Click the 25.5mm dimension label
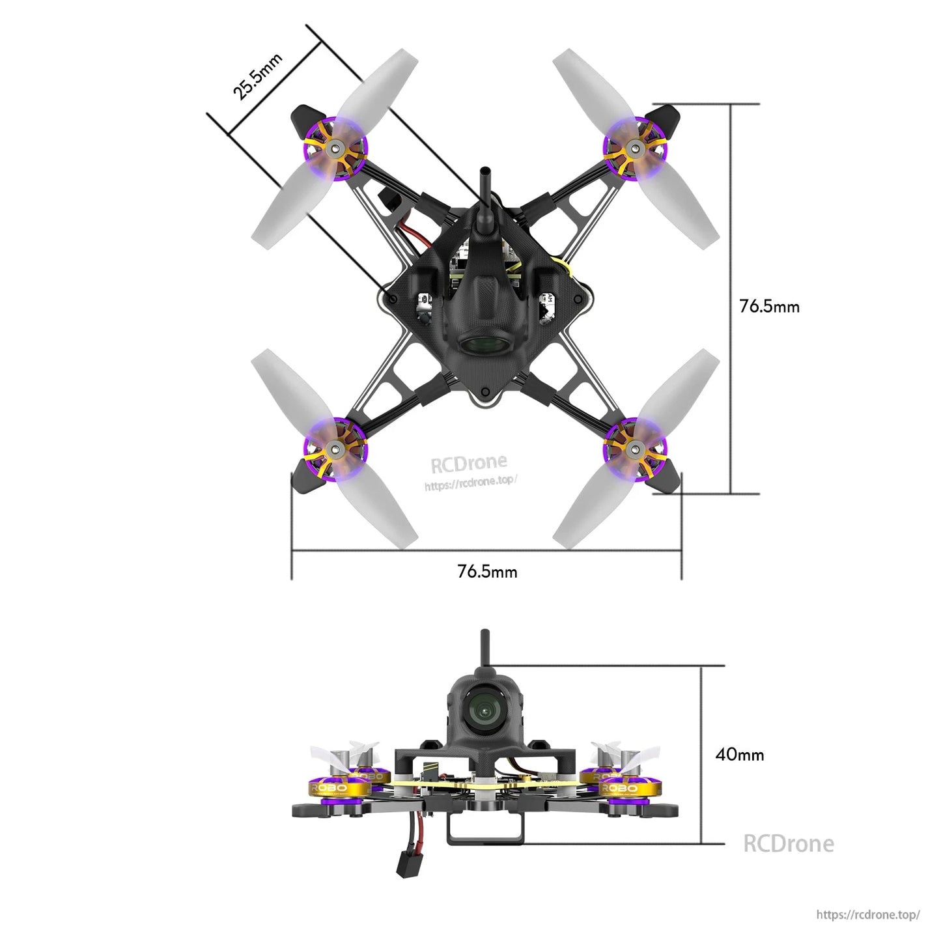[257, 76]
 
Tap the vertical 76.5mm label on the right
[769, 306]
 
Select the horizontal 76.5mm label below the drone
[487, 571]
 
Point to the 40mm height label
[739, 754]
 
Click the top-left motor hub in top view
[335, 149]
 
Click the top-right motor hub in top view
[635, 149]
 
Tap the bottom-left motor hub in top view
[335, 448]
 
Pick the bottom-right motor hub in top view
[635, 448]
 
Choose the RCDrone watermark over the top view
[469, 464]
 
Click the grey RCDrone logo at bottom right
[788, 843]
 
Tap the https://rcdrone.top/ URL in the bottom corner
[867, 914]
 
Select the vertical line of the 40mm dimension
[701, 755]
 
